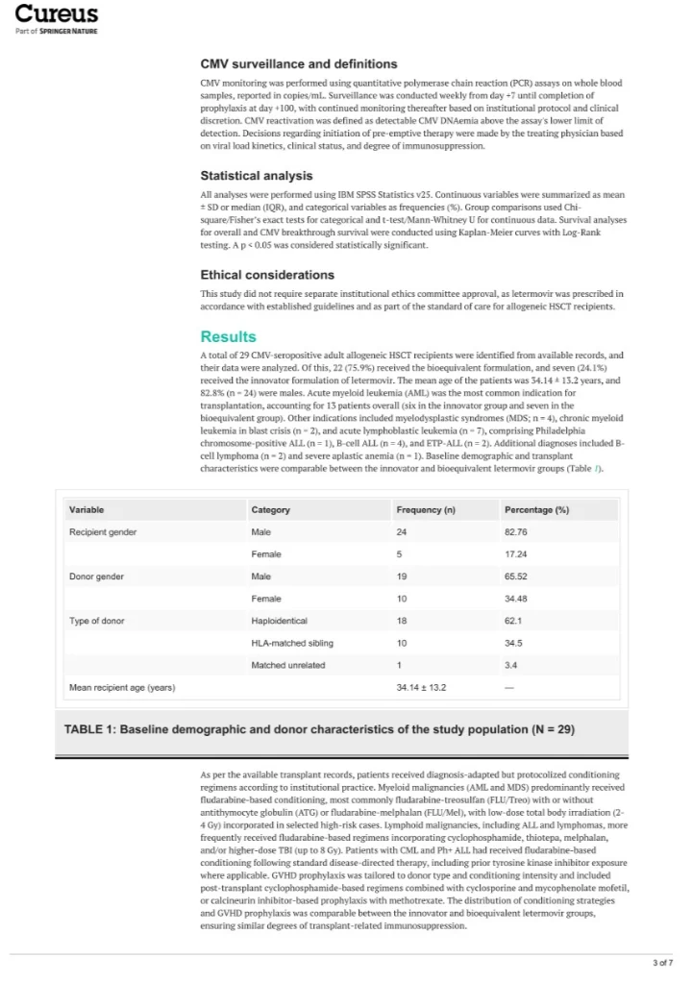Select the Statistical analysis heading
258,176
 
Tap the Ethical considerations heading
267,275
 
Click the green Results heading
228,336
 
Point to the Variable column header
86,509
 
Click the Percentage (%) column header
536,509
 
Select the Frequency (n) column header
426,509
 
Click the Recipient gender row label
103,531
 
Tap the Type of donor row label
98,621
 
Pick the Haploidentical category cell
279,621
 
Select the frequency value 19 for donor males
402,577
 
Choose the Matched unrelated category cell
287,665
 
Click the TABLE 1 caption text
319,729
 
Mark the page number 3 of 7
662,962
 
